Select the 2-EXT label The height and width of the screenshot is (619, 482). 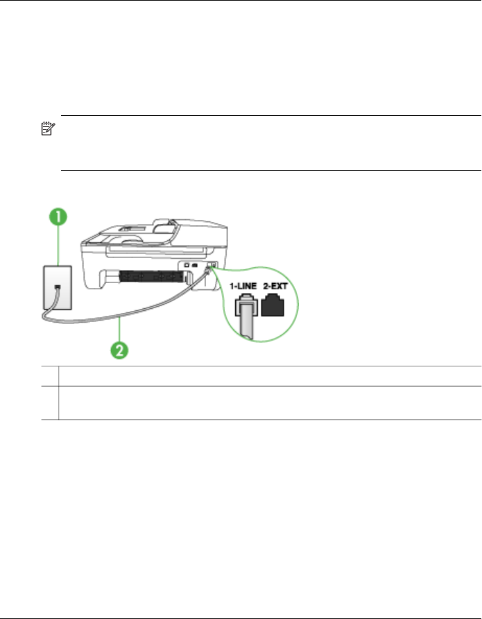[x=277, y=285]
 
